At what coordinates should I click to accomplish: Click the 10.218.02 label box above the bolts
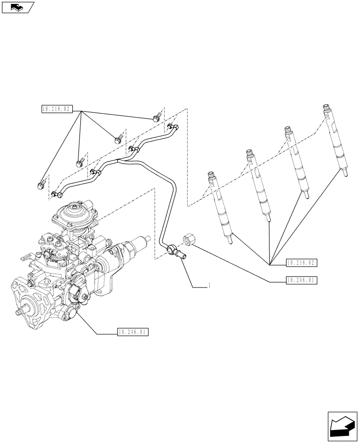point(57,109)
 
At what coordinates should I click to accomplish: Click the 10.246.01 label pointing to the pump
point(133,332)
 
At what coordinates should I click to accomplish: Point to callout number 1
point(209,287)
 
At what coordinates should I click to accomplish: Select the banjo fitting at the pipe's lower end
point(174,253)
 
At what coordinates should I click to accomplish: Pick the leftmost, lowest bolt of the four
point(42,183)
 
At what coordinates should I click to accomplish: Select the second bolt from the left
point(80,163)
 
